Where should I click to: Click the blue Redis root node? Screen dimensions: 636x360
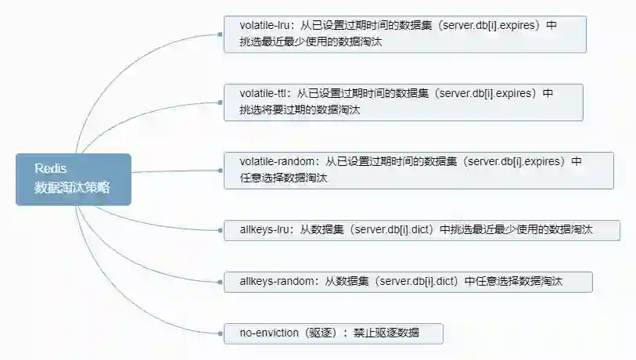(73, 179)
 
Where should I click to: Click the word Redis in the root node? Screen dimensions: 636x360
(51, 169)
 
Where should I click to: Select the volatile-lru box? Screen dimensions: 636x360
(404, 34)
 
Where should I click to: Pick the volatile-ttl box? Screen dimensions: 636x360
(403, 103)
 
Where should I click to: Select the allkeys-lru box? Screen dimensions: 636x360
(422, 230)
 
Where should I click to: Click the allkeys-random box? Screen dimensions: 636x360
(408, 282)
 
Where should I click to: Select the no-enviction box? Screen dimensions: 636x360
(333, 333)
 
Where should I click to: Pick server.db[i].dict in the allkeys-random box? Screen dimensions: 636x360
(417, 282)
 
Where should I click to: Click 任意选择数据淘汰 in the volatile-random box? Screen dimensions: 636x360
(283, 178)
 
